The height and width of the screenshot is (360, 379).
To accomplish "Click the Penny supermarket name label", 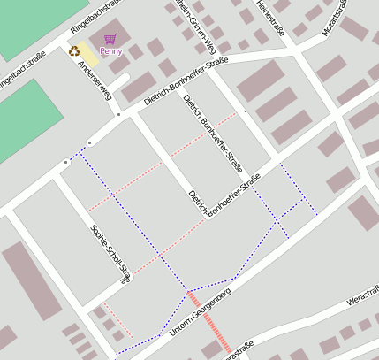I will tap(111, 51).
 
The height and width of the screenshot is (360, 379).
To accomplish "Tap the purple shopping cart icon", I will tap(110, 39).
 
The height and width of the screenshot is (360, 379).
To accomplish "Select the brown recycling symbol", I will tap(74, 51).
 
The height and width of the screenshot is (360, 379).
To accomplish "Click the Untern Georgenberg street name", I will tap(190, 316).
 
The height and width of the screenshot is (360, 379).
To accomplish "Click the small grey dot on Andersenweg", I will tap(117, 114).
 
